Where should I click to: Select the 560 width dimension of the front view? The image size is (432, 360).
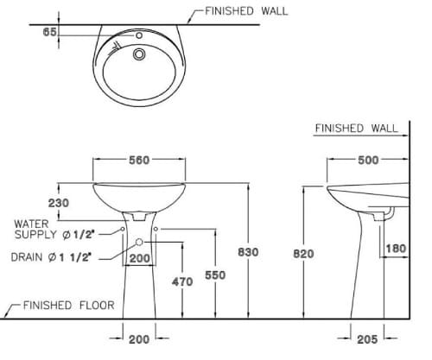[x=138, y=160]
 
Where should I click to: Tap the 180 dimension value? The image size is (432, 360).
[x=395, y=249]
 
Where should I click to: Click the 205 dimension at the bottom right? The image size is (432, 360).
[x=367, y=340]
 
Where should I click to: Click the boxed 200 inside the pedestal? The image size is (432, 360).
[x=140, y=257]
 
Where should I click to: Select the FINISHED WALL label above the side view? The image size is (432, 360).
[x=356, y=128]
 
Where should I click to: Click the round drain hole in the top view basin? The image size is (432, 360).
[x=137, y=54]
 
